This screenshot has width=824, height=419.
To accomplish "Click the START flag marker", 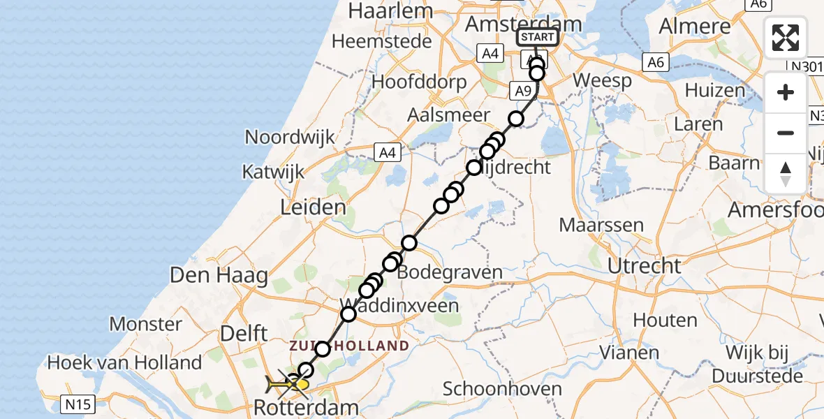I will (537, 38).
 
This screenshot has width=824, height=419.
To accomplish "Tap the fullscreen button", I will (786, 38).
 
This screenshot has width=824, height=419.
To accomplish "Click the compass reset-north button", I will (786, 174).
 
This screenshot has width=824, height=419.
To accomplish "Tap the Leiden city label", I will (313, 207).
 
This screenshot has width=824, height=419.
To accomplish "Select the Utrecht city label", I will (644, 265).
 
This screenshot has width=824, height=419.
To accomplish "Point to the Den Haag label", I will (219, 275).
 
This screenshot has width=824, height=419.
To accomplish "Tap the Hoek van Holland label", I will (124, 362).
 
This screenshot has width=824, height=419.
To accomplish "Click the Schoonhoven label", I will (502, 389).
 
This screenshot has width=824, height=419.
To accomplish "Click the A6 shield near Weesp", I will (655, 63).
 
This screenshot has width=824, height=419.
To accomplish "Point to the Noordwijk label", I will (290, 137).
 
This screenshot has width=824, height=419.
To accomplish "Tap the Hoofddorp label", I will (419, 82).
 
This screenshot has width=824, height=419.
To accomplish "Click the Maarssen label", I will (591, 226).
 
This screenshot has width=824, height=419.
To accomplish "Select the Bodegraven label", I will (450, 272).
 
